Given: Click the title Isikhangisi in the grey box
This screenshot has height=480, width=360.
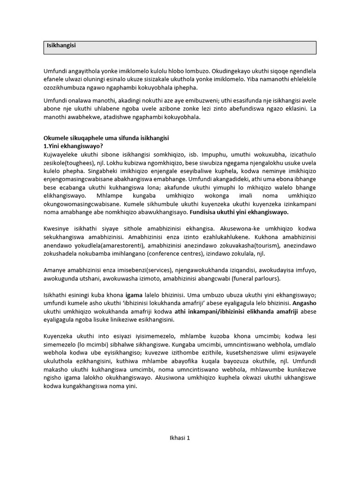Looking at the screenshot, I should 61,45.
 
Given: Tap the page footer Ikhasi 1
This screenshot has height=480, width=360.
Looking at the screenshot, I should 180,438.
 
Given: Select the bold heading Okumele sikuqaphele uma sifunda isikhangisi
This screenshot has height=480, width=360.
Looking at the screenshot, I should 106,139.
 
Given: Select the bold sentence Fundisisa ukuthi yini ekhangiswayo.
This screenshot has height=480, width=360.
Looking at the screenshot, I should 239,212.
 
